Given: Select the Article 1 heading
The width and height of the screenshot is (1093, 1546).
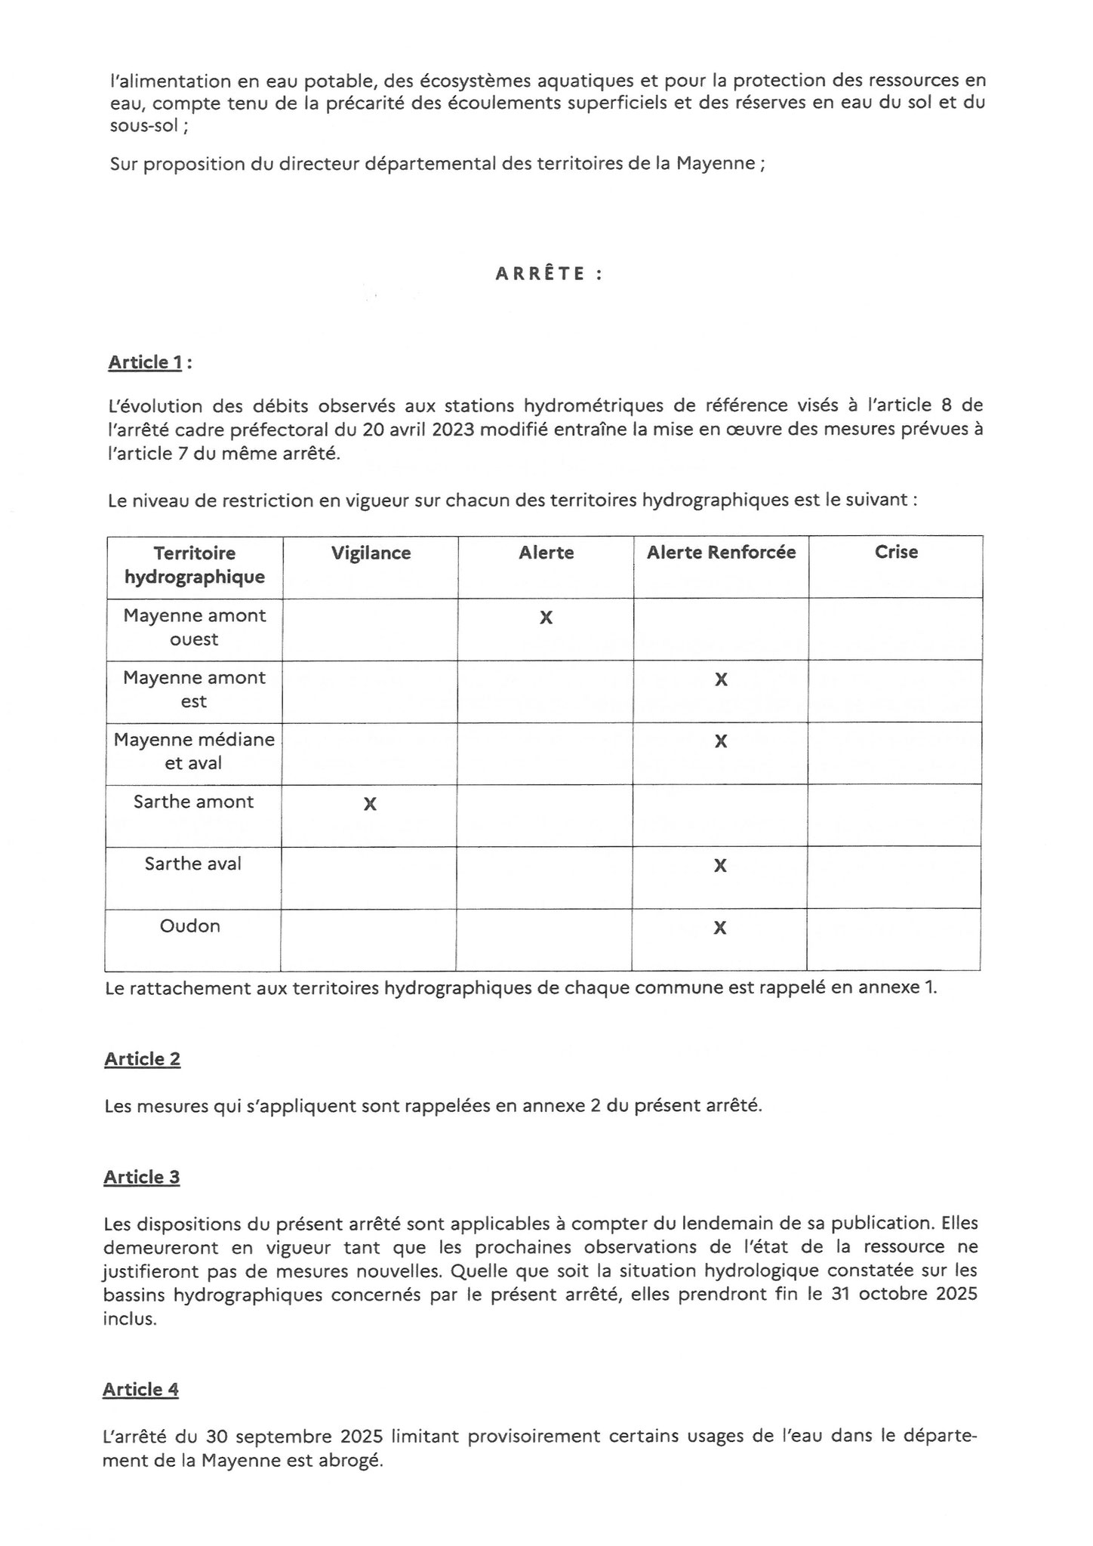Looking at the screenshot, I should coord(145,362).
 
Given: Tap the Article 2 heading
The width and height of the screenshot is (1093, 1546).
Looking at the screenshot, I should coord(143,1059).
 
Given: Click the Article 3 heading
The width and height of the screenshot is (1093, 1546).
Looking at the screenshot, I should coord(142,1177).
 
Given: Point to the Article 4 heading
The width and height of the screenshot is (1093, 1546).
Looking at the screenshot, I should coord(141,1390).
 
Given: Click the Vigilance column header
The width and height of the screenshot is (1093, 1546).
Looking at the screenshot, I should coord(371,553).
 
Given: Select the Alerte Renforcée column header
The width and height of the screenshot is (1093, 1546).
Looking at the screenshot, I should coord(721,553).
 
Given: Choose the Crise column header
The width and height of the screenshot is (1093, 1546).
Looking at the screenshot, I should coord(896,552).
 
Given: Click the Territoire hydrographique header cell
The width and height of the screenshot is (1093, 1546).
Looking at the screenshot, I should coord(195,565).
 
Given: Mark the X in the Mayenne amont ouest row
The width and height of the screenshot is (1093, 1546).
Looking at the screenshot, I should coord(546,617).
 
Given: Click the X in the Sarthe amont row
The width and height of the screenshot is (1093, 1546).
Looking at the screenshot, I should coord(370,804).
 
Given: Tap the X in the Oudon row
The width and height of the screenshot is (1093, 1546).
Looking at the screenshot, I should coord(720,928).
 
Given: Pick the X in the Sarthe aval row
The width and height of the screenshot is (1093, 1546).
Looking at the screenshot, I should coord(720,866).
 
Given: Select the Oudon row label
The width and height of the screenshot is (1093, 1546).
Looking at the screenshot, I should coord(190,926).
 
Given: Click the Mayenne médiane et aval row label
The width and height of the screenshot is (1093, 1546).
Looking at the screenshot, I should coord(194,751).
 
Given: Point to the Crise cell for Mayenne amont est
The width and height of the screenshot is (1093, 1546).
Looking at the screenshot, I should coord(895,691).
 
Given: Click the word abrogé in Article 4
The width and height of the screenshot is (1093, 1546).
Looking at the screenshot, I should coord(354,1461).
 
